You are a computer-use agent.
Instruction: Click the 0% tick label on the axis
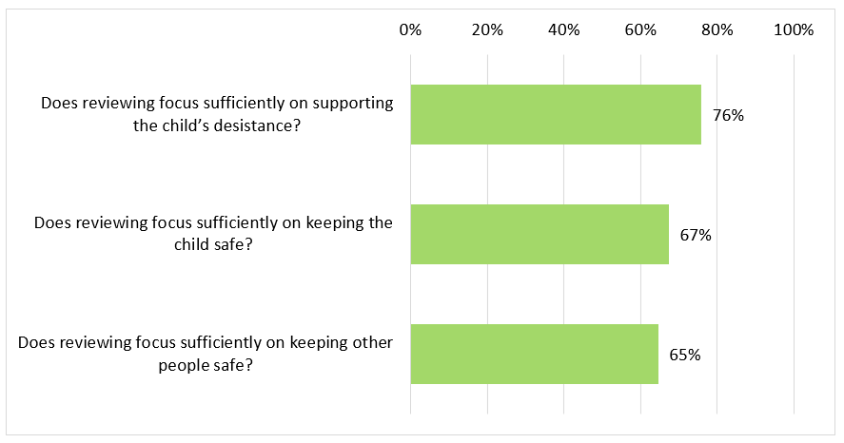[x=410, y=30]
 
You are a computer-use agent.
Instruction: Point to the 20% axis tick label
[x=487, y=30]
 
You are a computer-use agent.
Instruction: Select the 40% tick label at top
[x=564, y=30]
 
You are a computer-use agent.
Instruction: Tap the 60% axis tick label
[x=640, y=30]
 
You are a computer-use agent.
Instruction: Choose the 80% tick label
[x=717, y=30]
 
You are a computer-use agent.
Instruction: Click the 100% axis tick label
[x=794, y=30]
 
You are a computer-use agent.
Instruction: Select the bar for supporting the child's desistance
[x=556, y=115]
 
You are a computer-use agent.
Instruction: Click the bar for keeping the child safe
[x=540, y=234]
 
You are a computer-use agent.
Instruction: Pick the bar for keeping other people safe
[x=534, y=354]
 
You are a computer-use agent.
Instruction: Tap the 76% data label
[x=728, y=116]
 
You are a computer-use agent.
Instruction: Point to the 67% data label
[x=696, y=235]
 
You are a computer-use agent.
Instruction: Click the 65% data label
[x=685, y=355]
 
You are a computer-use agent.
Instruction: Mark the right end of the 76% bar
[x=700, y=115]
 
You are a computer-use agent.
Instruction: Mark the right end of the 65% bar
[x=658, y=354]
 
